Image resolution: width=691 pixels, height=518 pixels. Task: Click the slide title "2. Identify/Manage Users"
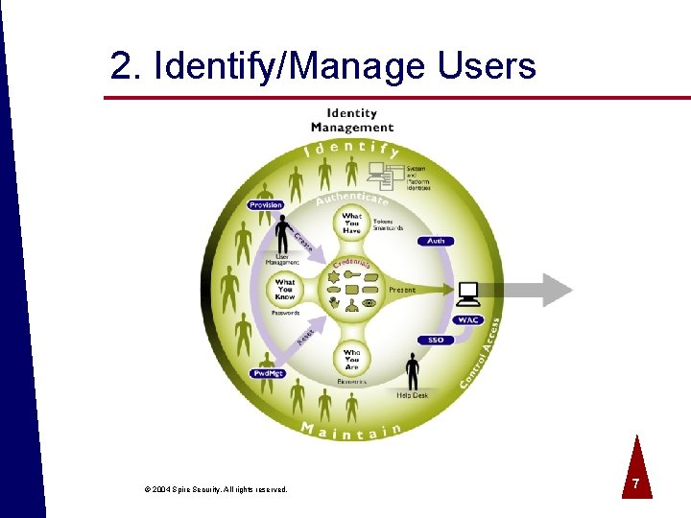click(322, 66)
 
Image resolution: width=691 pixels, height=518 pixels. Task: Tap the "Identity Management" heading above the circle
click(352, 120)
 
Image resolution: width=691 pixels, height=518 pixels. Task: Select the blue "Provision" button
click(265, 205)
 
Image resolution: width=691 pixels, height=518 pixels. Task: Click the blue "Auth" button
click(436, 241)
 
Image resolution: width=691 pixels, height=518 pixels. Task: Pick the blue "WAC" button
click(467, 319)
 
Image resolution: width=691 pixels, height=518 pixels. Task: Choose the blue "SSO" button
click(436, 341)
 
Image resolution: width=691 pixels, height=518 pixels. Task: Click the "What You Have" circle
click(352, 222)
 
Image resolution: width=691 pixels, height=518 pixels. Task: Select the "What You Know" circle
click(285, 290)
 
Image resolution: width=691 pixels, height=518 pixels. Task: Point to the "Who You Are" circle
click(352, 359)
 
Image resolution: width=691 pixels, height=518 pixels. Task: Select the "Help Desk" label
click(413, 394)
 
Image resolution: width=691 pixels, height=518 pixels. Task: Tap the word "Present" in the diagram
click(402, 290)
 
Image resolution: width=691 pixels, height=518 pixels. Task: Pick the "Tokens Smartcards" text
click(388, 225)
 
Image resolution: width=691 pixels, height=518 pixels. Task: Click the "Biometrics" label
click(352, 381)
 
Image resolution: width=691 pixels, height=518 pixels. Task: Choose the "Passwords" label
click(285, 313)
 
